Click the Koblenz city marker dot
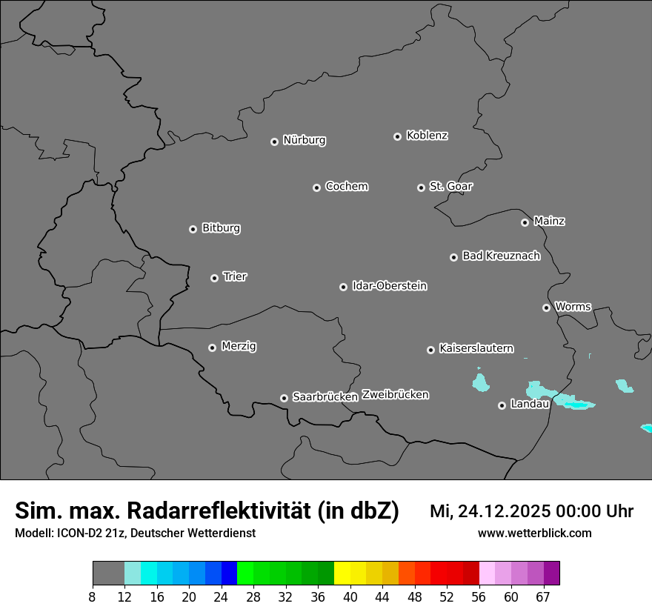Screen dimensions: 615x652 pyautogui.click(x=397, y=136)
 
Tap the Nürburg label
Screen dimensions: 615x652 pyautogui.click(x=304, y=140)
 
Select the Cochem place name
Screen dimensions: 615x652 pyautogui.click(x=346, y=186)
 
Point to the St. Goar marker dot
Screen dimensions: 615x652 pyautogui.click(x=421, y=187)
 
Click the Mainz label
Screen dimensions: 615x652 pyautogui.click(x=549, y=221)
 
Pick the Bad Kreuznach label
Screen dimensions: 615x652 pyautogui.click(x=501, y=256)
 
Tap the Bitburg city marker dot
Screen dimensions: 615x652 pyautogui.click(x=193, y=229)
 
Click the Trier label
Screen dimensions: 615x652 pyautogui.click(x=235, y=276)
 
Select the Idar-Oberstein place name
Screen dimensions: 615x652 pyautogui.click(x=389, y=285)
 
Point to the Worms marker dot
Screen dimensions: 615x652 pyautogui.click(x=546, y=307)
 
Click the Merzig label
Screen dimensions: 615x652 pyautogui.click(x=239, y=346)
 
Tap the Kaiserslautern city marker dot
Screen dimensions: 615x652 pyautogui.click(x=430, y=350)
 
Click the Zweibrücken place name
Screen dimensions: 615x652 pyautogui.click(x=395, y=394)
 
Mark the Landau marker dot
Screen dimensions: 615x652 pyautogui.click(x=502, y=405)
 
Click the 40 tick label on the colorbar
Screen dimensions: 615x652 pyautogui.click(x=350, y=596)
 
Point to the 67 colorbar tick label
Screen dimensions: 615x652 pyautogui.click(x=543, y=596)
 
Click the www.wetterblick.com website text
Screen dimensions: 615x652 pyautogui.click(x=534, y=533)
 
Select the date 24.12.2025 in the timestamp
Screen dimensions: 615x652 pyautogui.click(x=496, y=511)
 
